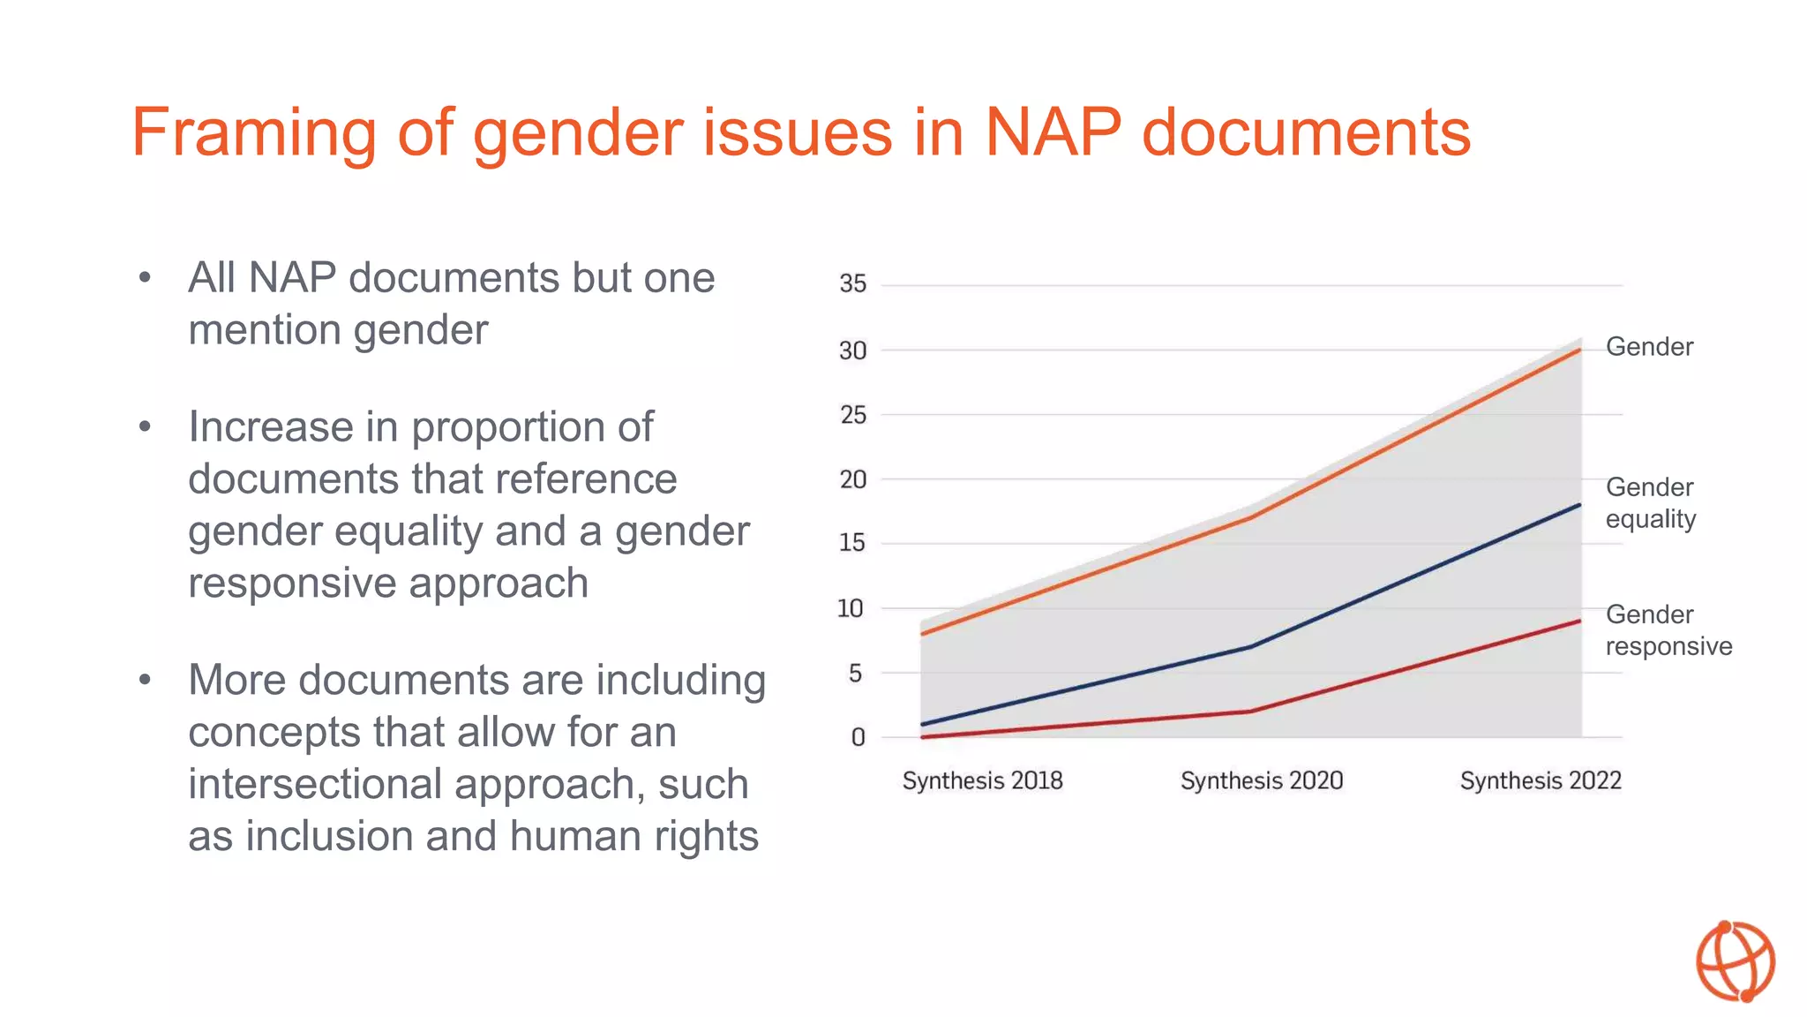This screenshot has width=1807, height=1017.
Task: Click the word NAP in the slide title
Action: click(x=1053, y=132)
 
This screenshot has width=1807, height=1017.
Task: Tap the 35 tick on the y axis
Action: click(x=852, y=284)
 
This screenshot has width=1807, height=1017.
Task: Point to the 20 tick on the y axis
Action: click(x=852, y=479)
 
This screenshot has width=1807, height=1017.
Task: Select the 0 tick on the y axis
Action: click(x=858, y=737)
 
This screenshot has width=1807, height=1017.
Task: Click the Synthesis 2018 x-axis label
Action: click(x=982, y=780)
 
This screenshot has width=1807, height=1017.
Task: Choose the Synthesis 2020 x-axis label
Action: click(x=1262, y=780)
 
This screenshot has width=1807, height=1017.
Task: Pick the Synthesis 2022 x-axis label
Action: click(x=1541, y=780)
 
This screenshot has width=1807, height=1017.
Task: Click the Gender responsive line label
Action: click(x=1668, y=630)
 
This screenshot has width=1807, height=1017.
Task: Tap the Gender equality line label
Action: click(x=1650, y=503)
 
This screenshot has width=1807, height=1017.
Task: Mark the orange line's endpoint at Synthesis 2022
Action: click(x=1579, y=350)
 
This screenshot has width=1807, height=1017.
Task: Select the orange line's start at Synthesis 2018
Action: click(x=922, y=634)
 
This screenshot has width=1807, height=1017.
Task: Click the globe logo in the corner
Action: click(x=1735, y=961)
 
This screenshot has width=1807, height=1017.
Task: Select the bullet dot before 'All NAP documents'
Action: click(x=146, y=278)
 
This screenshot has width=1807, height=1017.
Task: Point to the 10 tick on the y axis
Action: click(x=851, y=608)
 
